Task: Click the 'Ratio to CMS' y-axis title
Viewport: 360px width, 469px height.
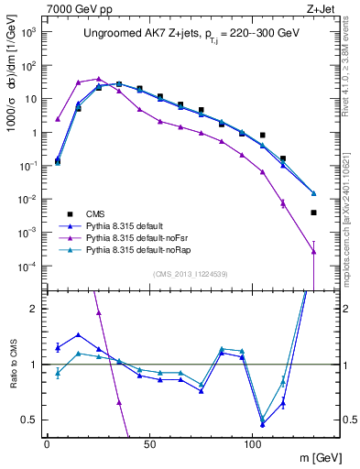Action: (x=12, y=365)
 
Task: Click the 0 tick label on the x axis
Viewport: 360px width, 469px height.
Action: (x=47, y=442)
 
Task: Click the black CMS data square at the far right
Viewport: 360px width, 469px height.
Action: (x=313, y=213)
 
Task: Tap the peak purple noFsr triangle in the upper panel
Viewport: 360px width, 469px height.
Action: (x=99, y=79)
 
